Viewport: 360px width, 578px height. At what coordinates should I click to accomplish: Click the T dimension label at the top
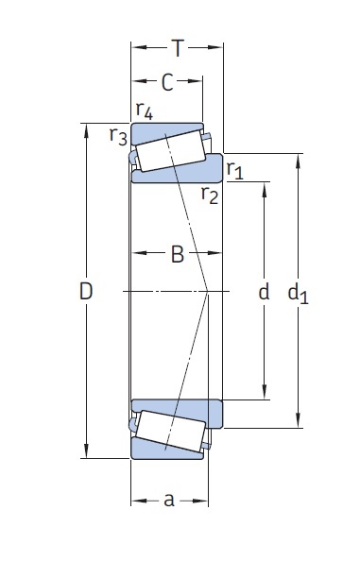point(178,46)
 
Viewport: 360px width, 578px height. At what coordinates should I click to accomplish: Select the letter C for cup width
point(167,83)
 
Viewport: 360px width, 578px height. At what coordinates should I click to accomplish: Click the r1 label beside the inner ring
point(235,170)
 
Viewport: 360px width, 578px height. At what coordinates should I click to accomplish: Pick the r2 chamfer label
point(210,195)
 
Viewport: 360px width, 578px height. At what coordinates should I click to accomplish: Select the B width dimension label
point(177,255)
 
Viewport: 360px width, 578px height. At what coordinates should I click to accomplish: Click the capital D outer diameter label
point(86,293)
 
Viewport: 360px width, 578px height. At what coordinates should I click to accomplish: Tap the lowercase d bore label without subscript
point(265,292)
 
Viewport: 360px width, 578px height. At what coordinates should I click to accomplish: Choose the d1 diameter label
point(299,294)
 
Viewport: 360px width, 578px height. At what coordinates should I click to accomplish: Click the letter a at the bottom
point(169,500)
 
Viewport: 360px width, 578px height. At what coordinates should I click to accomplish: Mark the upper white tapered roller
point(169,151)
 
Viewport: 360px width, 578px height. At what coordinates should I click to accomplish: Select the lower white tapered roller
point(169,433)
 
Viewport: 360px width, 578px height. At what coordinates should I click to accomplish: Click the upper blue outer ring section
point(167,128)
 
